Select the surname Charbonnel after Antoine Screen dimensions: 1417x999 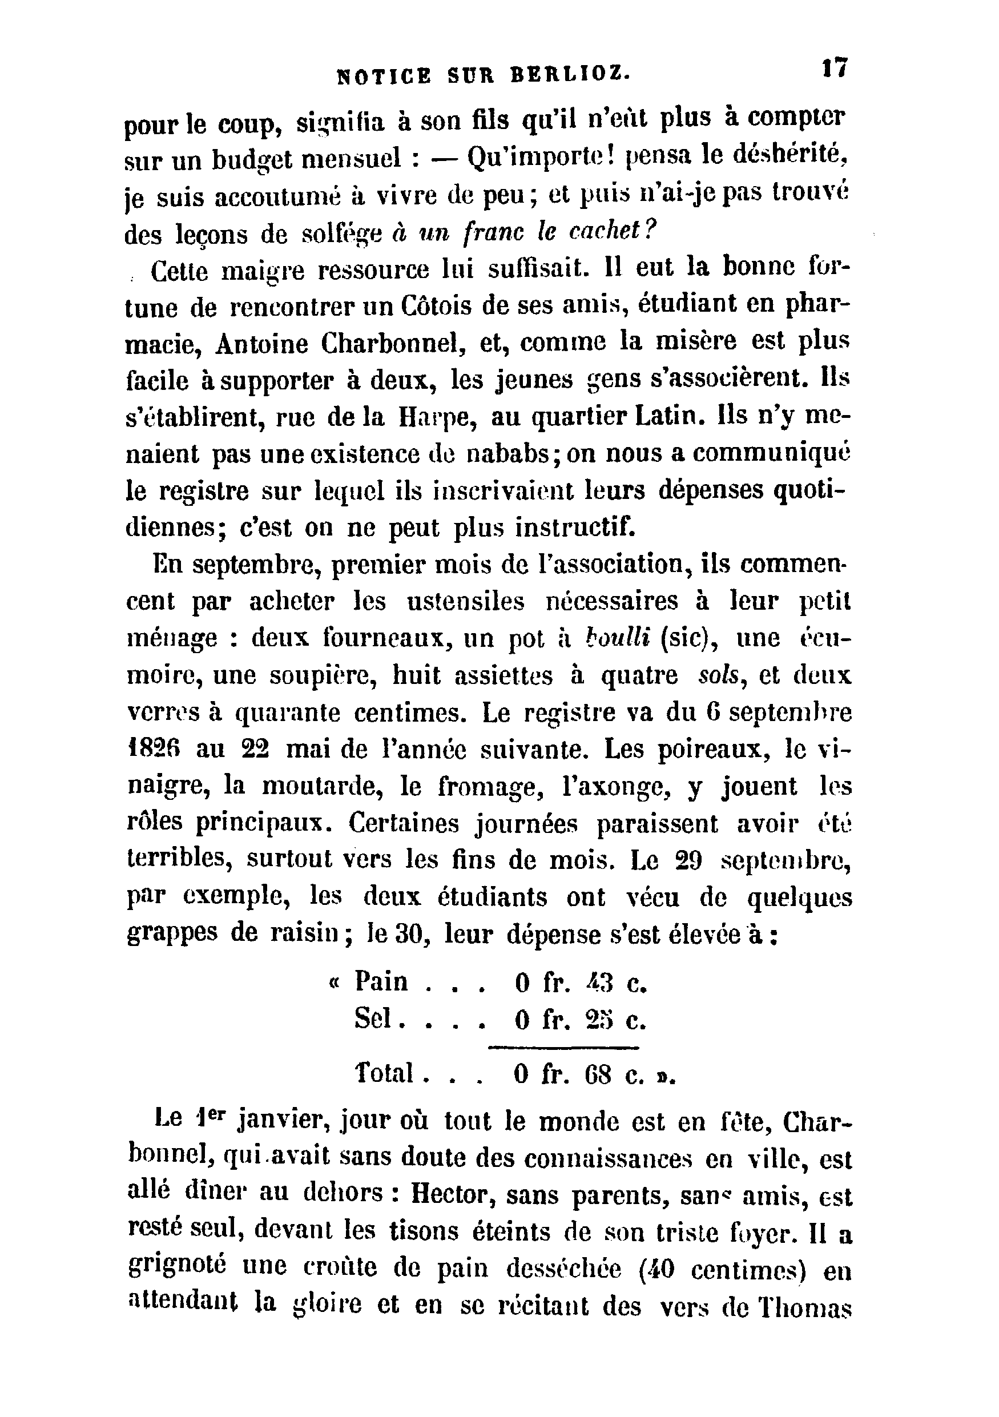[x=392, y=344]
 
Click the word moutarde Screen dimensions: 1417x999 [x=324, y=786]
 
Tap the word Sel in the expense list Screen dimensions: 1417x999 [x=373, y=1019]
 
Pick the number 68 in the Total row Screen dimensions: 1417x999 [x=597, y=1074]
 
